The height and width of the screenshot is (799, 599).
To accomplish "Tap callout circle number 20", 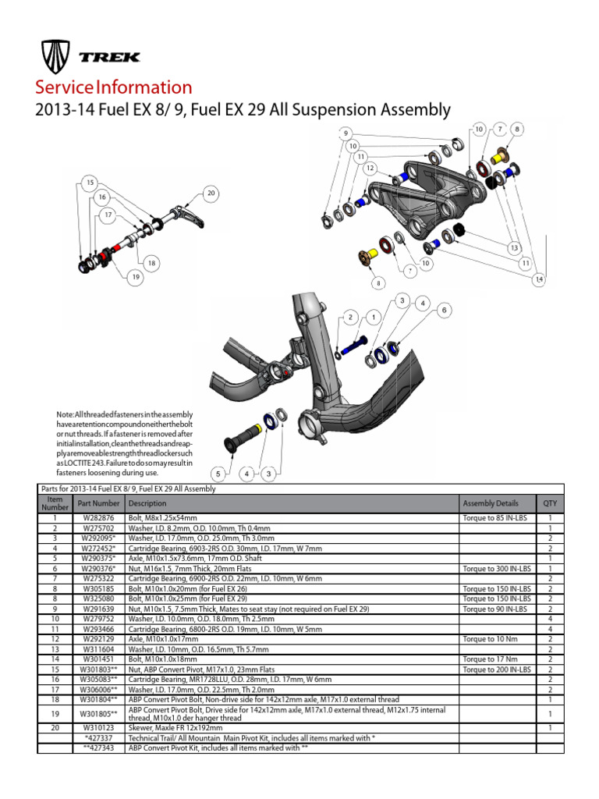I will (x=211, y=193).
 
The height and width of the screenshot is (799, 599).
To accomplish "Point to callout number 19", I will (x=136, y=276).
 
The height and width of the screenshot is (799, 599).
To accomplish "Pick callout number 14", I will (x=539, y=279).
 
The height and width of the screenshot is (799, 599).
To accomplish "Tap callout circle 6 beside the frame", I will (x=445, y=311).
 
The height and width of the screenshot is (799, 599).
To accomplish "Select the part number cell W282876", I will (x=98, y=517).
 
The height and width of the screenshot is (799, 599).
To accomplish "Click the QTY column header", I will (x=550, y=503).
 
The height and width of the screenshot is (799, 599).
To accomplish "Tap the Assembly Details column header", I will (x=490, y=503).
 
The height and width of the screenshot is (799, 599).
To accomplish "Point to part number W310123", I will (x=98, y=727).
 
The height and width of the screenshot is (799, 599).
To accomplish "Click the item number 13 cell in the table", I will (x=55, y=648).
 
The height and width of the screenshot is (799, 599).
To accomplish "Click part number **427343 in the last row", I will (x=98, y=748).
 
